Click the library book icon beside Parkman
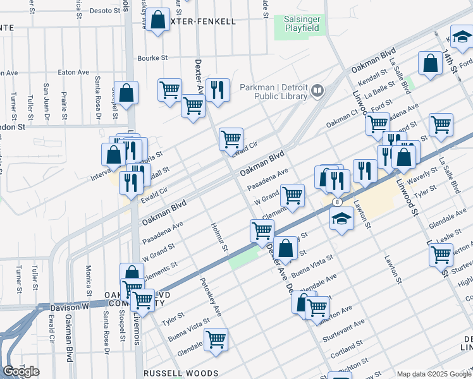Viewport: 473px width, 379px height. click(317, 92)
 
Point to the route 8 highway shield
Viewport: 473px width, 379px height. click(338, 202)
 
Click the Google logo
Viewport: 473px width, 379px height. click(21, 371)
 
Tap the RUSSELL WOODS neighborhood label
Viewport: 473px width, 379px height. click(181, 373)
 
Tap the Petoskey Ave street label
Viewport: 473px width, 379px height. click(211, 297)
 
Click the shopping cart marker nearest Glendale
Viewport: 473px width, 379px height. click(216, 339)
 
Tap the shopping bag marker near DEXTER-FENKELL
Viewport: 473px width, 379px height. click(159, 20)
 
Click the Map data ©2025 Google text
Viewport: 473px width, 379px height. click(434, 374)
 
